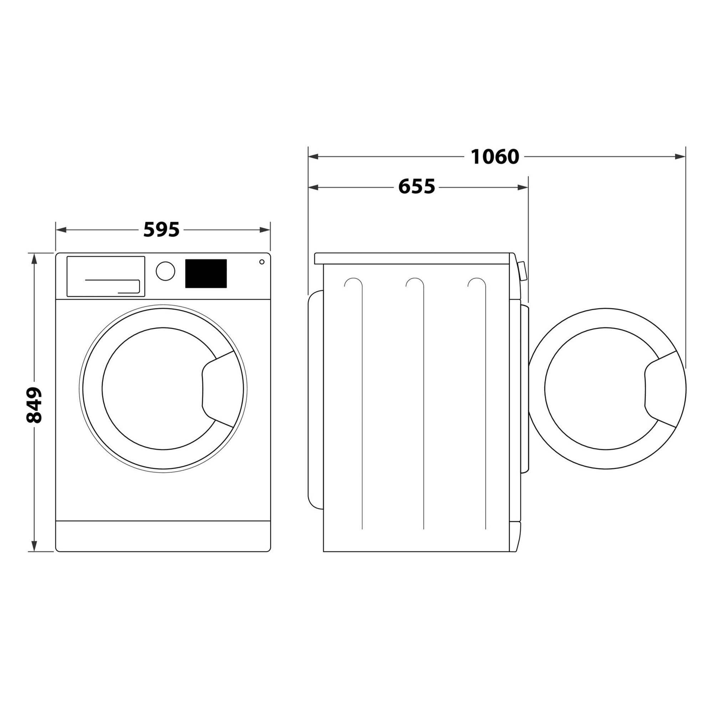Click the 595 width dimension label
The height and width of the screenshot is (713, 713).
161,230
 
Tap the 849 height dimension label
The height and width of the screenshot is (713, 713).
34,405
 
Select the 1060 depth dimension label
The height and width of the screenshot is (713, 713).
494,157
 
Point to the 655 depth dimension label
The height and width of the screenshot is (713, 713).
416,187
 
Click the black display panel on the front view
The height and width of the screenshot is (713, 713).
206,273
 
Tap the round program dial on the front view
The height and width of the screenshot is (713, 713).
165,271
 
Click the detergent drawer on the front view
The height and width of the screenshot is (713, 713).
106,276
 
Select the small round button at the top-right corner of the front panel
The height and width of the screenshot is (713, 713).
262,262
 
